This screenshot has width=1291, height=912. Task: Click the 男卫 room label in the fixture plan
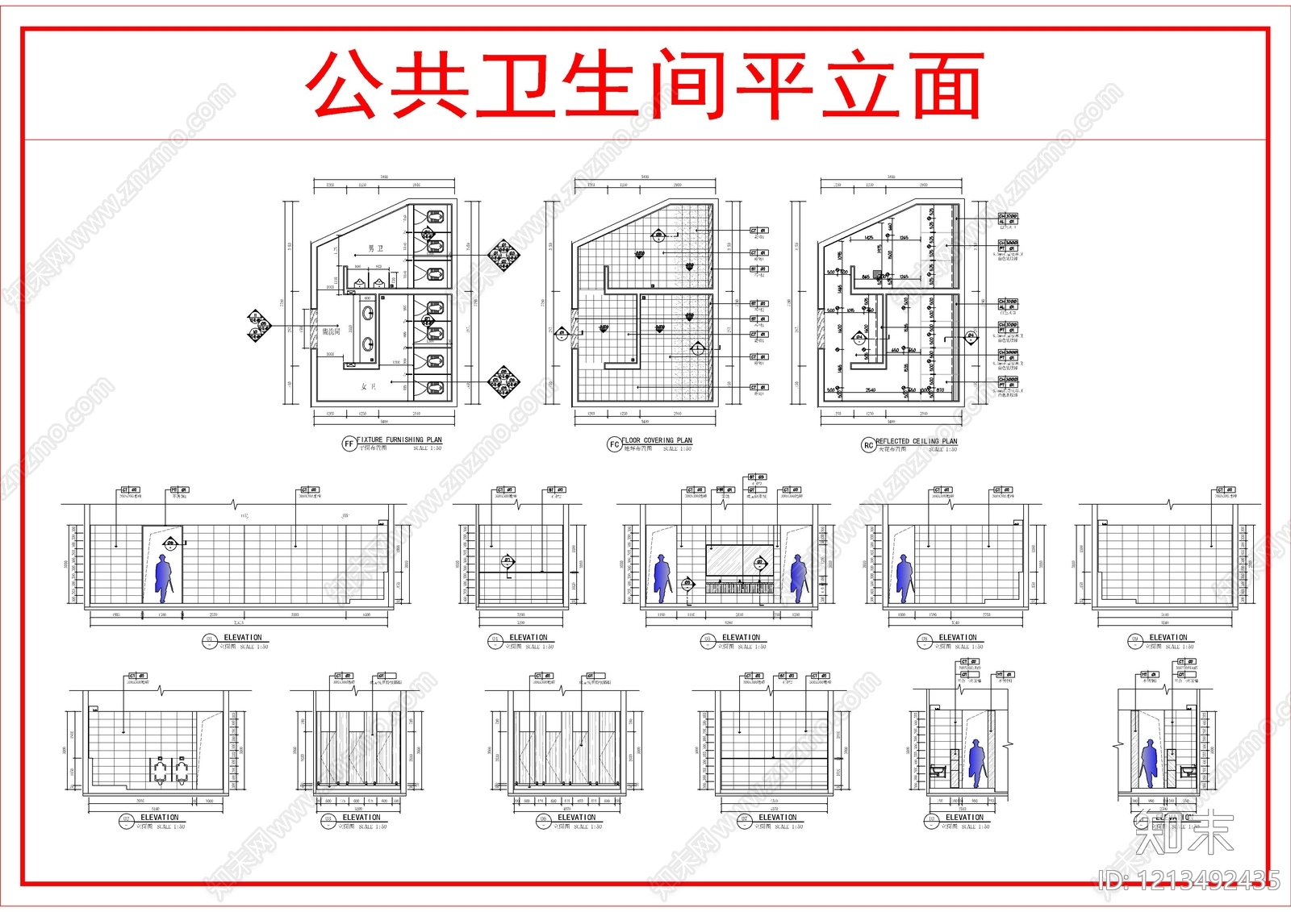(376, 248)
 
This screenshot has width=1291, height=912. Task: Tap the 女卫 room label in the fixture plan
(368, 387)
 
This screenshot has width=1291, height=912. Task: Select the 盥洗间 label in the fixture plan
(331, 331)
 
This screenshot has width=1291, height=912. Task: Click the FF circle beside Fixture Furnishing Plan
(349, 444)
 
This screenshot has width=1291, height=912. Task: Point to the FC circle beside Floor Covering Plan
(614, 444)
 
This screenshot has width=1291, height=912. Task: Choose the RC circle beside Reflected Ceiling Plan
(868, 445)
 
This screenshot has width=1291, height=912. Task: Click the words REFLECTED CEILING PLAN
(917, 441)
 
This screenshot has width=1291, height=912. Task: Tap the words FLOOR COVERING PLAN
(657, 440)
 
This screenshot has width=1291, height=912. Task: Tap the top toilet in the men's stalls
(435, 217)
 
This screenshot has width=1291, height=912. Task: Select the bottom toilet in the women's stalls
(435, 388)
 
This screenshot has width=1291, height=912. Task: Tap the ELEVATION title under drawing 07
(777, 817)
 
